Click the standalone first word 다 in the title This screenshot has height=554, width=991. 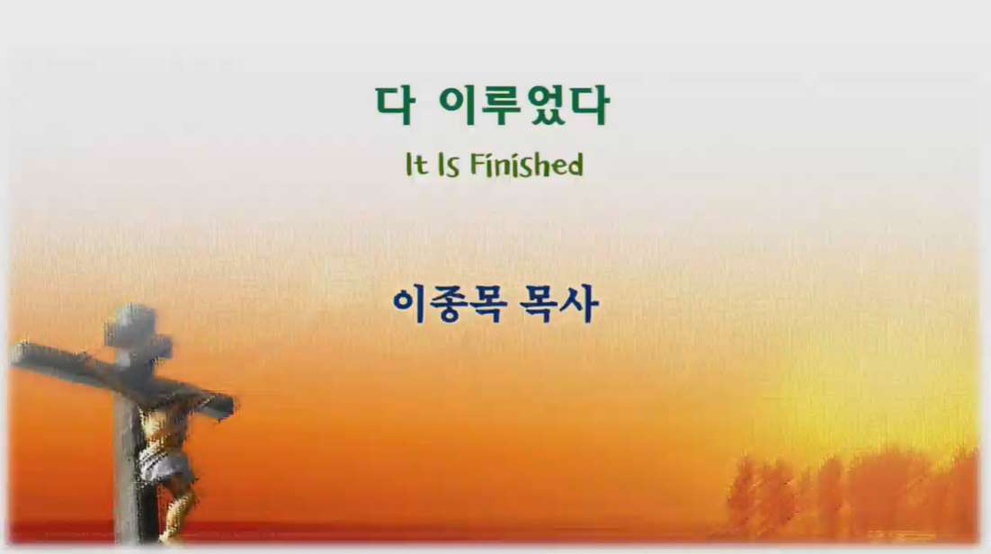pos(396,105)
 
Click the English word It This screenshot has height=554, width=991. pos(416,165)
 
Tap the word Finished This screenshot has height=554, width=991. pos(526,165)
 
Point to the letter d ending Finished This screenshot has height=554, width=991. pos(573,165)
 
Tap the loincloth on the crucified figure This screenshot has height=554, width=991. pos(165,468)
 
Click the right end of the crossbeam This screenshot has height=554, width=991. pos(228,406)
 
